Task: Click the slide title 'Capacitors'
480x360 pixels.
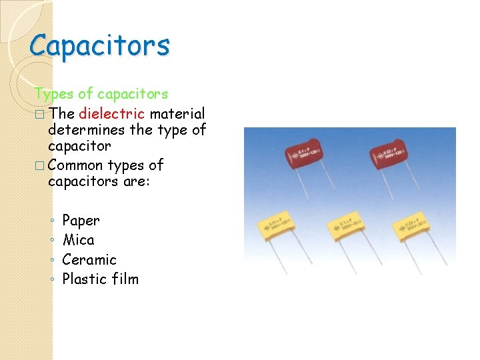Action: point(100,45)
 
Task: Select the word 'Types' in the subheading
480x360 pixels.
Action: point(51,94)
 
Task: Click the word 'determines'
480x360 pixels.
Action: point(86,129)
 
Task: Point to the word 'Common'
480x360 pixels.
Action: point(75,165)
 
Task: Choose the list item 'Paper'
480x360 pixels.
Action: point(81,220)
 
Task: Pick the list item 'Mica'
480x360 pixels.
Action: point(78,239)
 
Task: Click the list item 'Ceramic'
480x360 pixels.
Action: point(89,259)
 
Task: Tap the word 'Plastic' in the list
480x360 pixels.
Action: point(85,279)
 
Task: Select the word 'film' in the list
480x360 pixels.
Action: point(125,279)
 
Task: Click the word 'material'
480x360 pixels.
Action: point(177,114)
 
